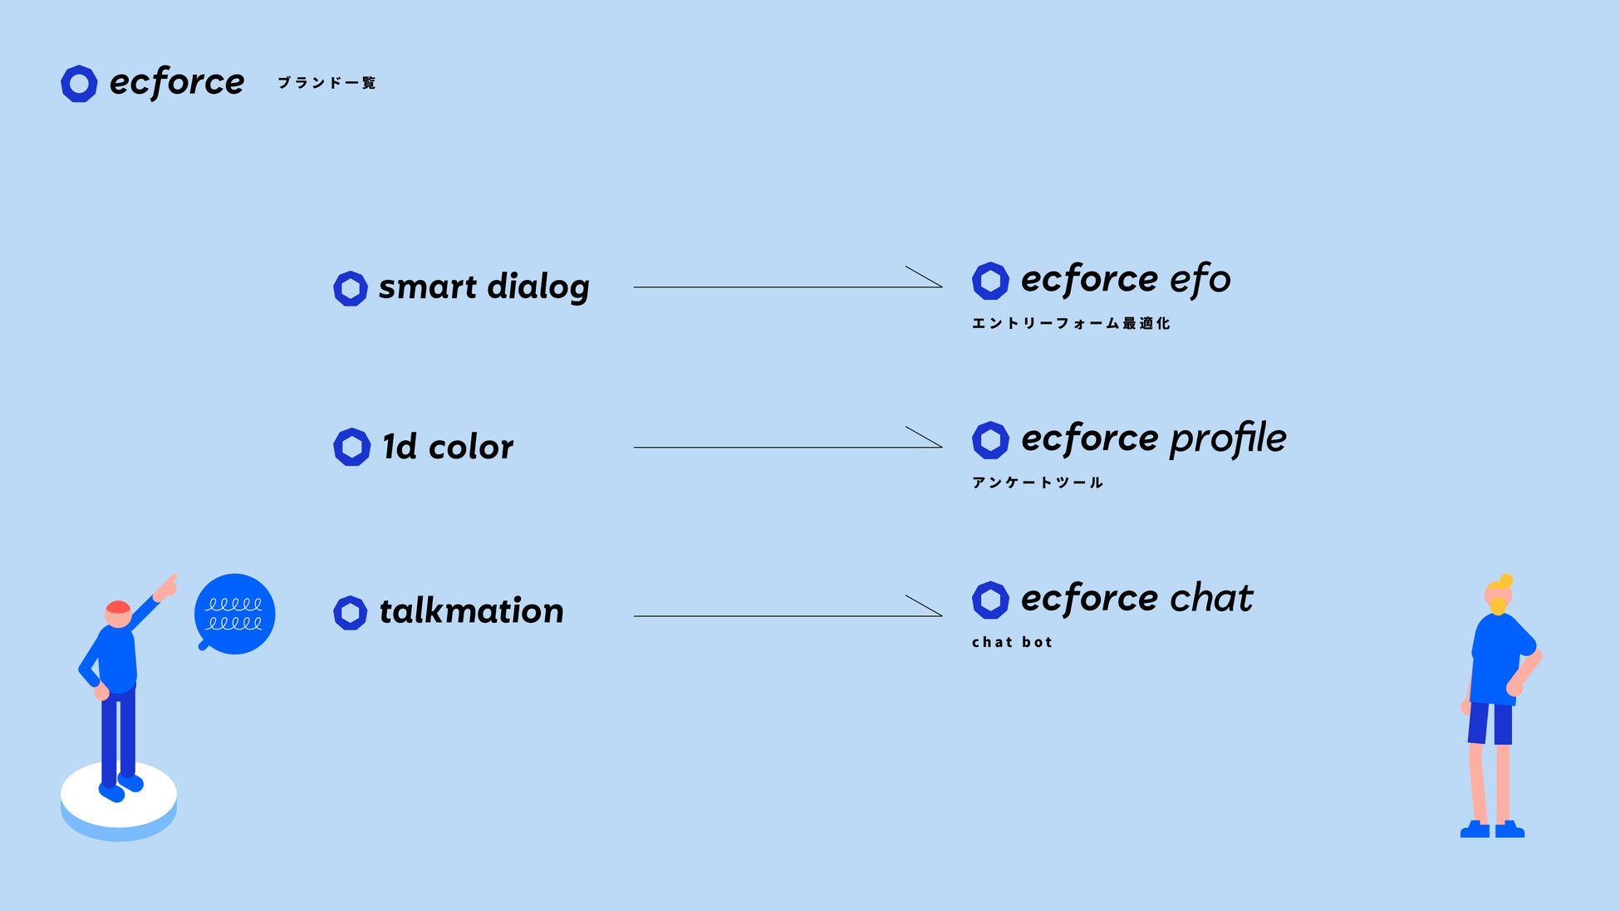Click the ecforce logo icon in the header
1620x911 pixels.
[79, 84]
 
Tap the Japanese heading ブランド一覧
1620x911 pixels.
[326, 83]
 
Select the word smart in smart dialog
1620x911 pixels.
[428, 287]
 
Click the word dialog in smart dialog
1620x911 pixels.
[538, 287]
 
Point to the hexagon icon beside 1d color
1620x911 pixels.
[351, 447]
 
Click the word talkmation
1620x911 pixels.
[471, 611]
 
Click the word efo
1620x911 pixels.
[1200, 280]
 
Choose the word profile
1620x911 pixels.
[1228, 438]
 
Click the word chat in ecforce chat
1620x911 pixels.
[1211, 598]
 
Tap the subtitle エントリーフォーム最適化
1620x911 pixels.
[1071, 323]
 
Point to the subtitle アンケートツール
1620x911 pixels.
[1038, 482]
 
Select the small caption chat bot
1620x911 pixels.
[1012, 642]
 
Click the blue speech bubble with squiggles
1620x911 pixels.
[234, 614]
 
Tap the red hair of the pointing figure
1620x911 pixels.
[118, 607]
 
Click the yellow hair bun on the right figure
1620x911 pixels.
[1505, 580]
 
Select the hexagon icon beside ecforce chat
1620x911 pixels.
[990, 600]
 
